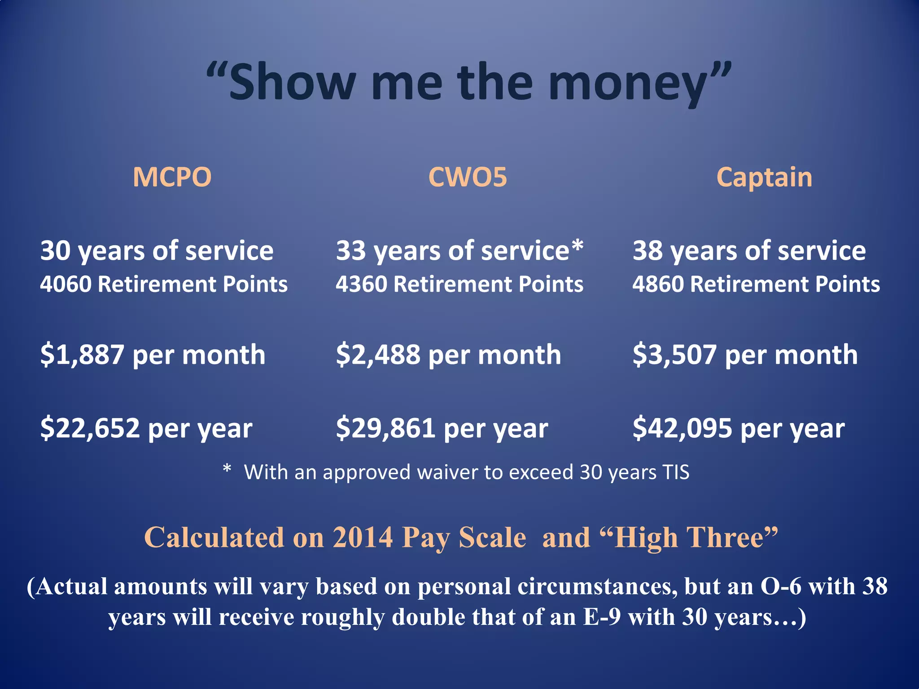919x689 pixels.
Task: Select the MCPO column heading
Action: (x=172, y=177)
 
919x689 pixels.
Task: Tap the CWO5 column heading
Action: (x=468, y=177)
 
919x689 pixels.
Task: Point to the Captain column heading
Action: (x=764, y=177)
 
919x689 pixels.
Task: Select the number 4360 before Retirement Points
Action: (x=361, y=284)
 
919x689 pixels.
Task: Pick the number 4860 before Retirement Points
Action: (x=658, y=284)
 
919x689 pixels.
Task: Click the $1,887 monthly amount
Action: (x=82, y=355)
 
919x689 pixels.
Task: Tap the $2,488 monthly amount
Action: (x=378, y=355)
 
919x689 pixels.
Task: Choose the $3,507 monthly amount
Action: (x=674, y=355)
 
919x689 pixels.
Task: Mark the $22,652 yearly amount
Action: (x=90, y=428)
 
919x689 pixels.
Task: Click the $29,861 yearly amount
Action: (x=385, y=428)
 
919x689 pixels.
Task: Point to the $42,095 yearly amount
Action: (x=682, y=428)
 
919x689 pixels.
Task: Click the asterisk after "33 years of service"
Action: (x=578, y=247)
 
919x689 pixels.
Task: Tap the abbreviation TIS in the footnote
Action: (x=675, y=472)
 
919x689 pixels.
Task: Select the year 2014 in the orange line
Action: (x=363, y=537)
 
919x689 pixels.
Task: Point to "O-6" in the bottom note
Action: (x=780, y=587)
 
